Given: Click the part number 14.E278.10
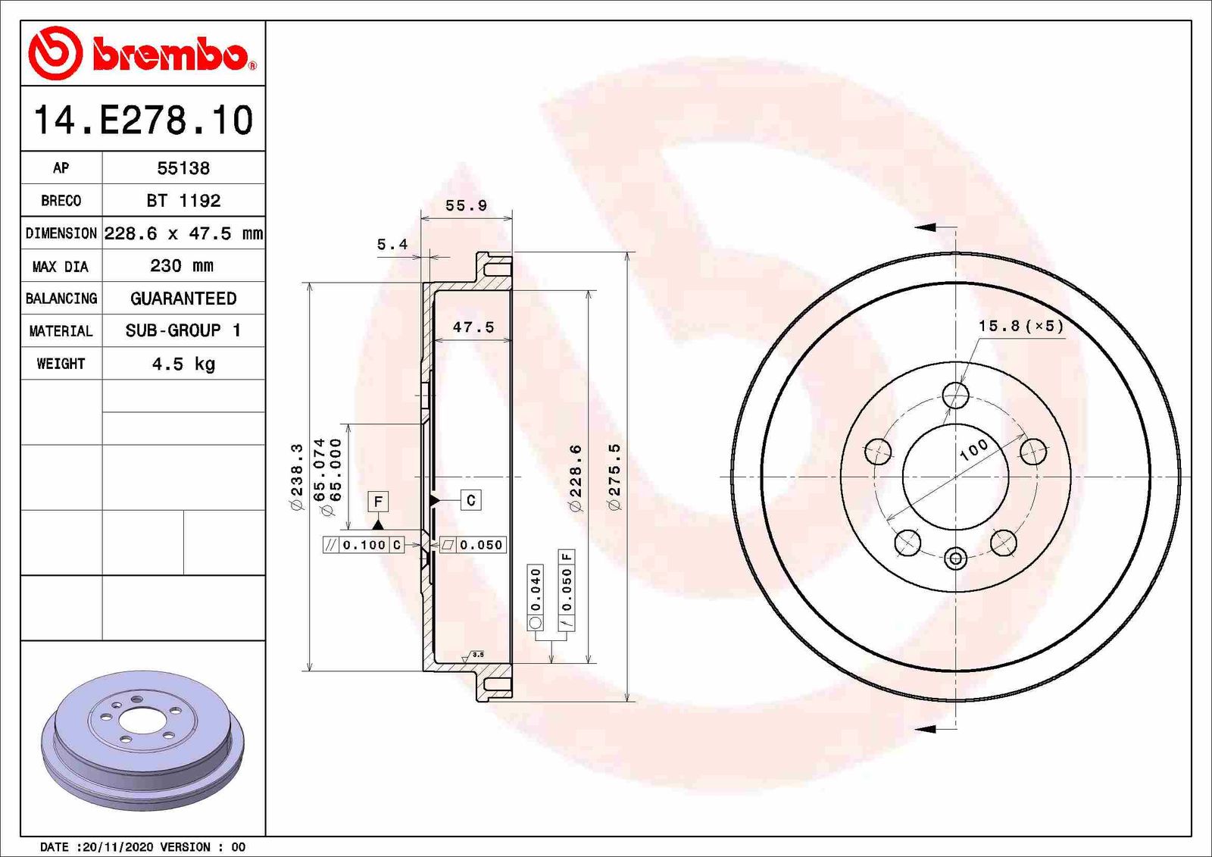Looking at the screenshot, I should (142, 120).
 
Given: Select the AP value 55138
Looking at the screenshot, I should (183, 168).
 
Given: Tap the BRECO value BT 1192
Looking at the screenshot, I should (183, 201).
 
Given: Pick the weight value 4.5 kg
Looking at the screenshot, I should (183, 364).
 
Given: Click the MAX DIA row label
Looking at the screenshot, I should (61, 267).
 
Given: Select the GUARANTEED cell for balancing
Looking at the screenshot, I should (183, 299).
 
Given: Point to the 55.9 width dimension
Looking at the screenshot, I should (466, 205).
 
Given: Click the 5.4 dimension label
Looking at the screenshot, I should (392, 244).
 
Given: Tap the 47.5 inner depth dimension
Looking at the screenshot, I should (473, 327).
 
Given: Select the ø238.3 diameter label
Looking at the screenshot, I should (297, 476).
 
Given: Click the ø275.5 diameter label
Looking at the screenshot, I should (614, 476).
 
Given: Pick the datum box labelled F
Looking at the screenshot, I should (378, 501).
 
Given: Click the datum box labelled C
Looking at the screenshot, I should (471, 500).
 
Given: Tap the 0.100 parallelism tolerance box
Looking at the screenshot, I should (364, 545).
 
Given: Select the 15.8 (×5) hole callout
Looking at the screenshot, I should (1020, 326).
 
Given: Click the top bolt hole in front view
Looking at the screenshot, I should (956, 395).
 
